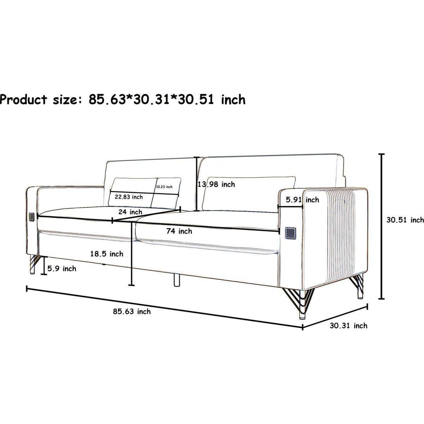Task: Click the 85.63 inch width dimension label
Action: pyautogui.click(x=132, y=312)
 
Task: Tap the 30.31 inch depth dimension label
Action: pyautogui.click(x=348, y=326)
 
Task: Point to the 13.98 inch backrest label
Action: pyautogui.click(x=216, y=184)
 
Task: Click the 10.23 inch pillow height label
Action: pyautogui.click(x=164, y=187)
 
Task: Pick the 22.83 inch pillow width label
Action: pyautogui.click(x=129, y=197)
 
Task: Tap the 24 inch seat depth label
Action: pyautogui.click(x=130, y=212)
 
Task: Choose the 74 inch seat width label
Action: pyautogui.click(x=179, y=231)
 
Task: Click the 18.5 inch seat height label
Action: pyautogui.click(x=107, y=254)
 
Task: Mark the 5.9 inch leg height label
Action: pyautogui.click(x=62, y=269)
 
